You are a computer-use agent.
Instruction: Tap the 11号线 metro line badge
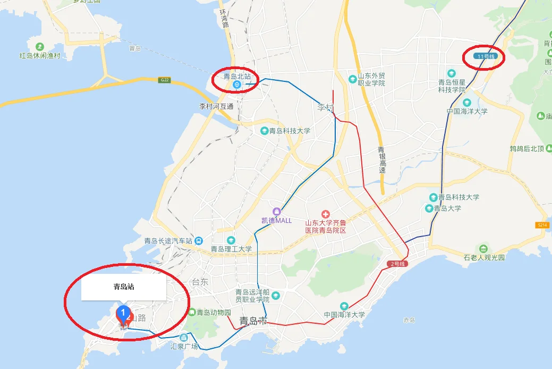coord(483,56)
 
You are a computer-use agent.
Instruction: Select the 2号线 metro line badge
coord(397,264)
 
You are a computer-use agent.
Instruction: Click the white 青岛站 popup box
coord(123,287)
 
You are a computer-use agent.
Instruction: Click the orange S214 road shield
coord(541,225)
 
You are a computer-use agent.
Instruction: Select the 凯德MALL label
coord(276,221)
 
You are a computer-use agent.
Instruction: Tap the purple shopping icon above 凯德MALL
coord(276,212)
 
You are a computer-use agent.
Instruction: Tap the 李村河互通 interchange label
coord(216,106)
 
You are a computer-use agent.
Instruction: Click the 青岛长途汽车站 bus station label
coord(168,240)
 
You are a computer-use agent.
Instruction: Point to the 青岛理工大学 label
coord(231,249)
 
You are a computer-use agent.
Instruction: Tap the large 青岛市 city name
coord(253,321)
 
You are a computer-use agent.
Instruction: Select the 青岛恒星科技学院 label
coord(452,86)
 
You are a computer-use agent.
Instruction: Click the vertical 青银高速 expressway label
coord(381,160)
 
